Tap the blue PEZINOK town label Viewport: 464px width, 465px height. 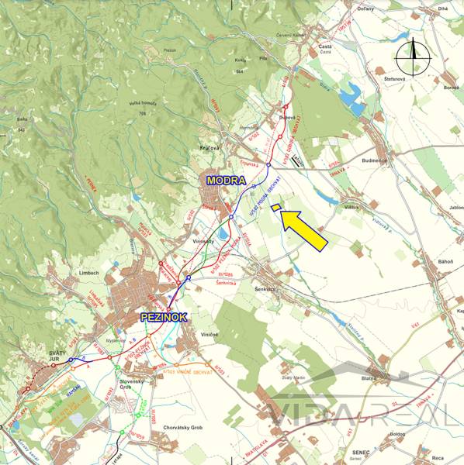pos(163,318)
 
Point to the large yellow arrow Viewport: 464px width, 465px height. pos(304,229)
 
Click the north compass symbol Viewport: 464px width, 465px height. pos(414,54)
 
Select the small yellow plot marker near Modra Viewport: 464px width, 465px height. pos(275,207)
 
